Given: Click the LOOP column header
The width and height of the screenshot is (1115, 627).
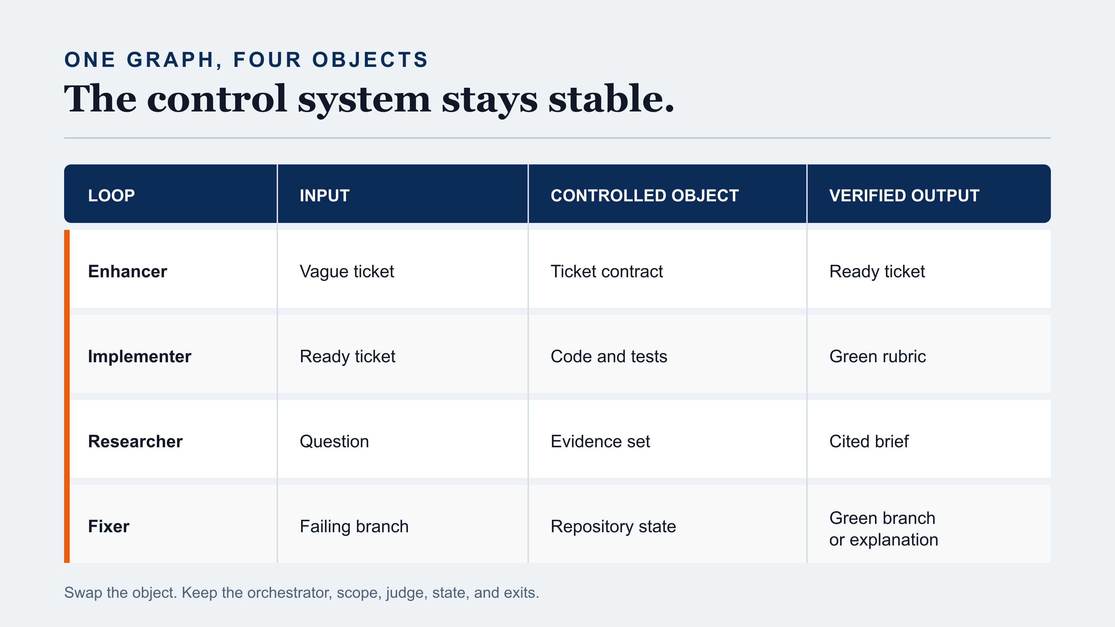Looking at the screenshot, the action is pyautogui.click(x=111, y=195).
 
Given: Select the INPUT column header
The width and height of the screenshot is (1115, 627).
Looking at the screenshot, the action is pyautogui.click(x=325, y=195).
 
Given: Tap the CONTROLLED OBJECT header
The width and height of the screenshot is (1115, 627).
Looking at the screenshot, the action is pyautogui.click(x=645, y=195).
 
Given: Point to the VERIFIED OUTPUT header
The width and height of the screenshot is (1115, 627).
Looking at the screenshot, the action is pyautogui.click(x=904, y=195).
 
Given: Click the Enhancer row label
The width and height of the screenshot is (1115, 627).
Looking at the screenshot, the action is pyautogui.click(x=127, y=271).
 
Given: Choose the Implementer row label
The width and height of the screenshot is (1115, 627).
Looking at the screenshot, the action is pyautogui.click(x=139, y=357).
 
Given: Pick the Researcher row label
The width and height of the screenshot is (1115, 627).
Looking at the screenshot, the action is pyautogui.click(x=135, y=441).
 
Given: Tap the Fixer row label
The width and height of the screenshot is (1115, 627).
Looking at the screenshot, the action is pyautogui.click(x=109, y=526).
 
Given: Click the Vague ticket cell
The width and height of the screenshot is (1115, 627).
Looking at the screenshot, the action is pyautogui.click(x=347, y=272).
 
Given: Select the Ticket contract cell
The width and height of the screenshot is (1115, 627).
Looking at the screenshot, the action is pyautogui.click(x=606, y=271).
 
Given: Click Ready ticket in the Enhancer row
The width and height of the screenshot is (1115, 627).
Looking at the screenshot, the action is pyautogui.click(x=877, y=272).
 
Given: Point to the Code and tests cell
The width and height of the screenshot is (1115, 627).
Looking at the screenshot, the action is pyautogui.click(x=609, y=357).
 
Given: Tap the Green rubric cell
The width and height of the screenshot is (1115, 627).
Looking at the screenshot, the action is pyautogui.click(x=877, y=357).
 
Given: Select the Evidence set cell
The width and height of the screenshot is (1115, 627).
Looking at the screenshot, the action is pyautogui.click(x=600, y=441).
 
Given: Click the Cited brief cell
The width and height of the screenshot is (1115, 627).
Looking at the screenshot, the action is pyautogui.click(x=869, y=441).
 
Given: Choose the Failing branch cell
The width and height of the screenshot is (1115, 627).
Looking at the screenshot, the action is pyautogui.click(x=354, y=527).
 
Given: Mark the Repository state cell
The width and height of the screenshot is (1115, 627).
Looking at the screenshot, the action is pyautogui.click(x=613, y=527).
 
